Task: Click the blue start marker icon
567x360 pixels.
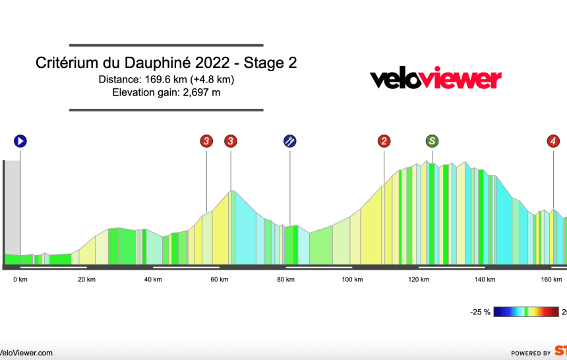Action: [x=20, y=140]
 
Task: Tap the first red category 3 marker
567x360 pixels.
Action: [x=207, y=140]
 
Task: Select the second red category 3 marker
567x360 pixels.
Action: [x=231, y=140]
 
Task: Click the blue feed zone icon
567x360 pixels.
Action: [x=289, y=140]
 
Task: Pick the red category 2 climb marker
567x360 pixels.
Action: [x=384, y=140]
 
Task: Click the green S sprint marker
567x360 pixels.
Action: [x=432, y=140]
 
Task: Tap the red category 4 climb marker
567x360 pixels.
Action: [x=554, y=140]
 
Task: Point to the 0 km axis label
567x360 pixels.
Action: [x=20, y=280]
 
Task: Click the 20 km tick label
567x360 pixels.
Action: [x=86, y=280]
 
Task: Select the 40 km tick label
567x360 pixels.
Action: [x=153, y=280]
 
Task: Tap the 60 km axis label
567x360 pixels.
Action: [x=220, y=280]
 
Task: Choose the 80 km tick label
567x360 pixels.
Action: [x=285, y=280]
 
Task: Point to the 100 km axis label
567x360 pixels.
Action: [x=352, y=280]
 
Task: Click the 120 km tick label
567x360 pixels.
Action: [x=419, y=280]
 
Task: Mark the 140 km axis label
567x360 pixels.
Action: [x=485, y=280]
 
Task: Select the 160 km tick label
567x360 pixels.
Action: [x=551, y=280]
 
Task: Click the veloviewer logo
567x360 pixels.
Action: [x=435, y=78]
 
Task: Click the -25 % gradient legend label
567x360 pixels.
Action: [x=479, y=312]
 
